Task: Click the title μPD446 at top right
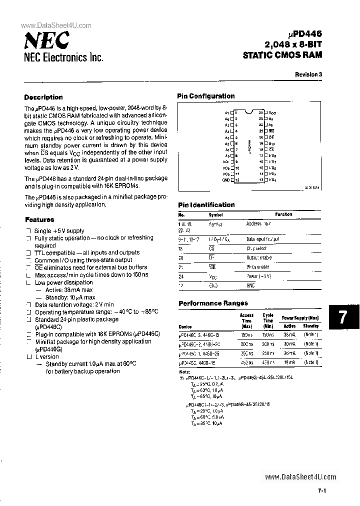[x=306, y=34]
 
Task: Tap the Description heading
[x=43, y=97]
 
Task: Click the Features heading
[x=39, y=219]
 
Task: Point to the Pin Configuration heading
[x=206, y=96]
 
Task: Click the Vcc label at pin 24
[x=272, y=113]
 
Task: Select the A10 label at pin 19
[x=272, y=143]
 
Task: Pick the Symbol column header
[x=215, y=215]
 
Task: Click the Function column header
[x=283, y=214]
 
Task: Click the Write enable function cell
[x=258, y=267]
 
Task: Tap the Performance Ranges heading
[x=213, y=303]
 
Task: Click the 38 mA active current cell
[x=289, y=334]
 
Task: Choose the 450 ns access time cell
[x=246, y=363]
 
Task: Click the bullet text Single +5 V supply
[x=59, y=231]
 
